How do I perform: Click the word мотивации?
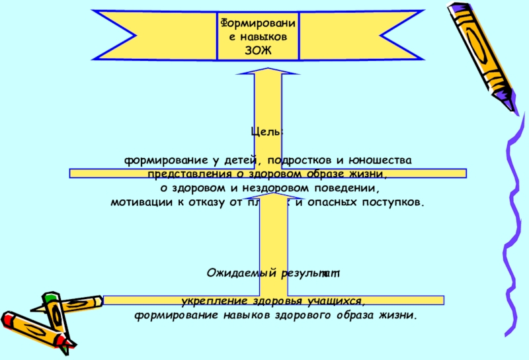tap(140, 202)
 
